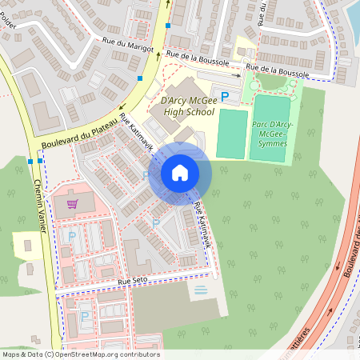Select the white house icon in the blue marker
click(x=180, y=172)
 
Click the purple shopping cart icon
click(x=73, y=202)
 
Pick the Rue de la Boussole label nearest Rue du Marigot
click(x=198, y=58)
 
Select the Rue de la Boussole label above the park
click(x=276, y=70)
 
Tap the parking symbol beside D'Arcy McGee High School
click(x=225, y=96)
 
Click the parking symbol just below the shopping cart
click(x=72, y=236)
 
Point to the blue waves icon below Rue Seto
click(x=200, y=289)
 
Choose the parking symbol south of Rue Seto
click(x=84, y=316)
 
